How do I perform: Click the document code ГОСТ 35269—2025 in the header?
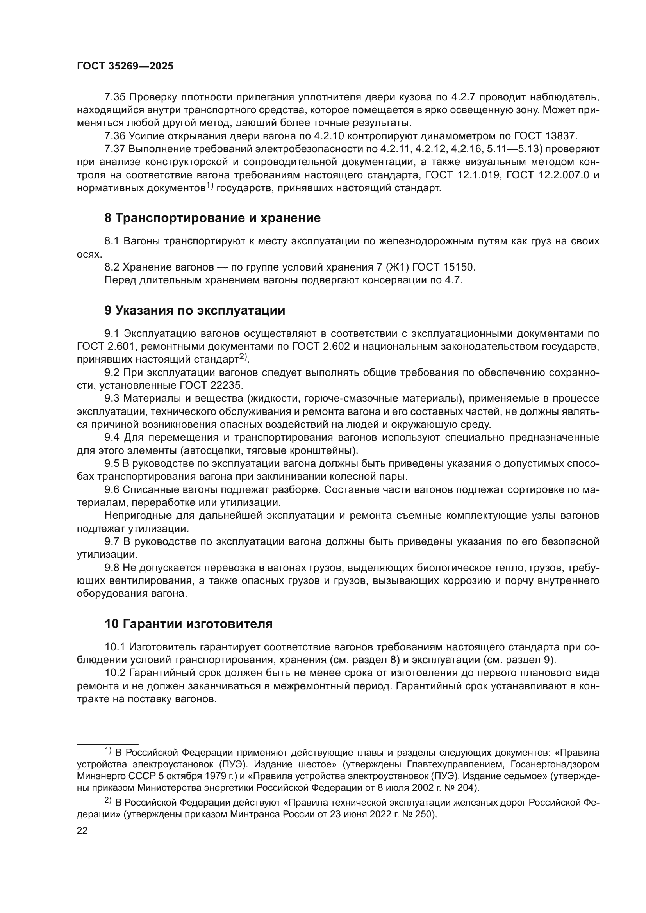pos(125,66)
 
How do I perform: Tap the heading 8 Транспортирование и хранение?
pos(212,218)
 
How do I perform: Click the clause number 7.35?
pos(115,97)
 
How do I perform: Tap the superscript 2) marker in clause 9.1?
pos(243,358)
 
